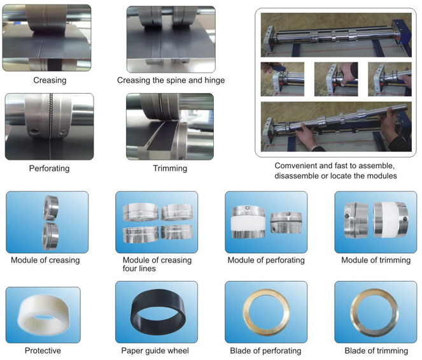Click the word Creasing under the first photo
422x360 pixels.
tap(50, 80)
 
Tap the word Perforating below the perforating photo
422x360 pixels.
tap(49, 168)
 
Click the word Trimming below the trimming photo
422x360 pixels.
tap(170, 168)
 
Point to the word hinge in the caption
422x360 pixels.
tap(215, 80)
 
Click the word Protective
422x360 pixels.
tap(43, 350)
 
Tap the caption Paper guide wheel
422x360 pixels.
tap(155, 350)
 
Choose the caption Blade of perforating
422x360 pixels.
tap(265, 350)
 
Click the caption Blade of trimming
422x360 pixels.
tap(376, 350)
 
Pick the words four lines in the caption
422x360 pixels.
tap(139, 268)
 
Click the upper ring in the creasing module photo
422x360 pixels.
tap(50, 208)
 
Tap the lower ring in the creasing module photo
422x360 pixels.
tap(50, 236)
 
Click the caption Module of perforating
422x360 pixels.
tap(266, 260)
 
